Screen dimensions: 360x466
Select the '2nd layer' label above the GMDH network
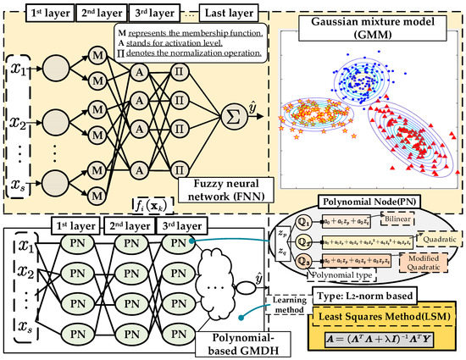[x=127, y=227]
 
